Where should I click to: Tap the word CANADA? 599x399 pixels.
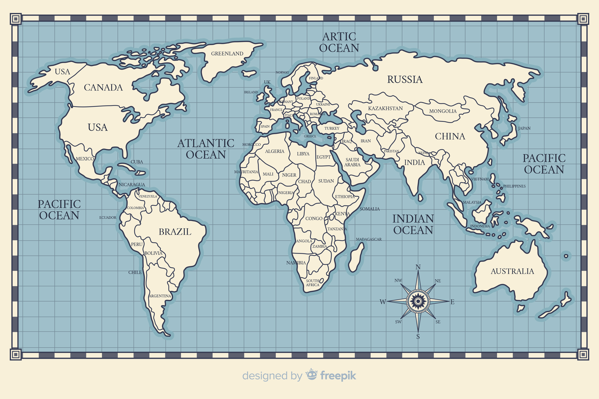pos(103,88)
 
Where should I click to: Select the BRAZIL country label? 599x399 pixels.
pos(175,232)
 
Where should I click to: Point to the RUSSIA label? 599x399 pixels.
pos(405,80)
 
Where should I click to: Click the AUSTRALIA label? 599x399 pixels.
pos(512,271)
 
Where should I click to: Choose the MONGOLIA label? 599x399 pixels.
pos(443,111)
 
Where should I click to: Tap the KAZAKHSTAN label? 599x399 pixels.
pos(385,108)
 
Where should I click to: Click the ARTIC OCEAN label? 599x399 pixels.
pos(339,42)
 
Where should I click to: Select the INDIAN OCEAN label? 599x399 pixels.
pos(413,224)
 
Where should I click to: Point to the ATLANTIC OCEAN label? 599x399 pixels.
pos(206,149)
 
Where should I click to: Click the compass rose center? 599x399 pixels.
pos(418,301)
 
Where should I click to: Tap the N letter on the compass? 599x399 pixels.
pos(418,267)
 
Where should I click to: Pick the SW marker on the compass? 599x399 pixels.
pos(398,322)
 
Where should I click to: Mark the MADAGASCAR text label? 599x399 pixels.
pos(369,239)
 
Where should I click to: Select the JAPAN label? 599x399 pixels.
pos(524,128)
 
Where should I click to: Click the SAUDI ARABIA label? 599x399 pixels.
pos(352,162)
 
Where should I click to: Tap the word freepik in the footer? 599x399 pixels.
pos(338,376)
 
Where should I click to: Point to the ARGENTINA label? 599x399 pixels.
pos(160,296)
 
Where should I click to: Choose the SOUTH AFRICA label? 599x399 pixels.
pos(312,283)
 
